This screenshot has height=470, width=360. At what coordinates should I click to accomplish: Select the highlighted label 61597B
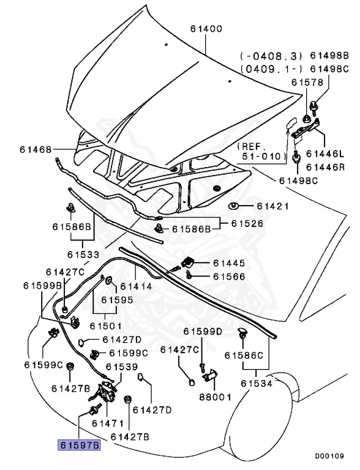(78, 446)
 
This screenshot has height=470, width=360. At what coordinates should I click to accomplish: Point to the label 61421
(272, 206)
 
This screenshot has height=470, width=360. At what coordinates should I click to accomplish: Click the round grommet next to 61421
(234, 206)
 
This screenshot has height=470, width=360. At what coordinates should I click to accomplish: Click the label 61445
(229, 263)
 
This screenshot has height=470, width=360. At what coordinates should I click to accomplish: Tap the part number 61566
(229, 277)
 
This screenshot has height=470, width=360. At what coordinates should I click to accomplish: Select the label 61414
(137, 286)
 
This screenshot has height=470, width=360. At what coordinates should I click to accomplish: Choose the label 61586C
(243, 355)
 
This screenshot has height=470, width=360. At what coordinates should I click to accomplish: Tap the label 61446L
(326, 153)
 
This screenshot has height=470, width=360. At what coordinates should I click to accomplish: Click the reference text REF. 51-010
(262, 151)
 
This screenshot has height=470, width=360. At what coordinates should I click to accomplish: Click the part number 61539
(121, 367)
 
